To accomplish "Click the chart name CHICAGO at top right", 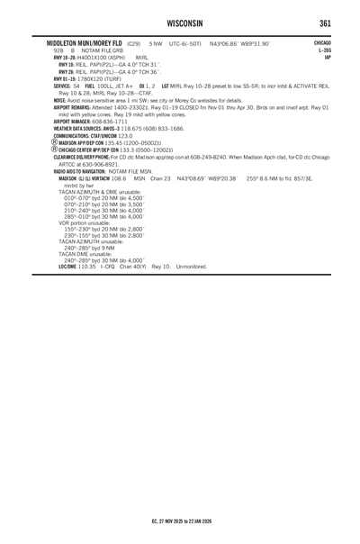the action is tap(322, 42).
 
